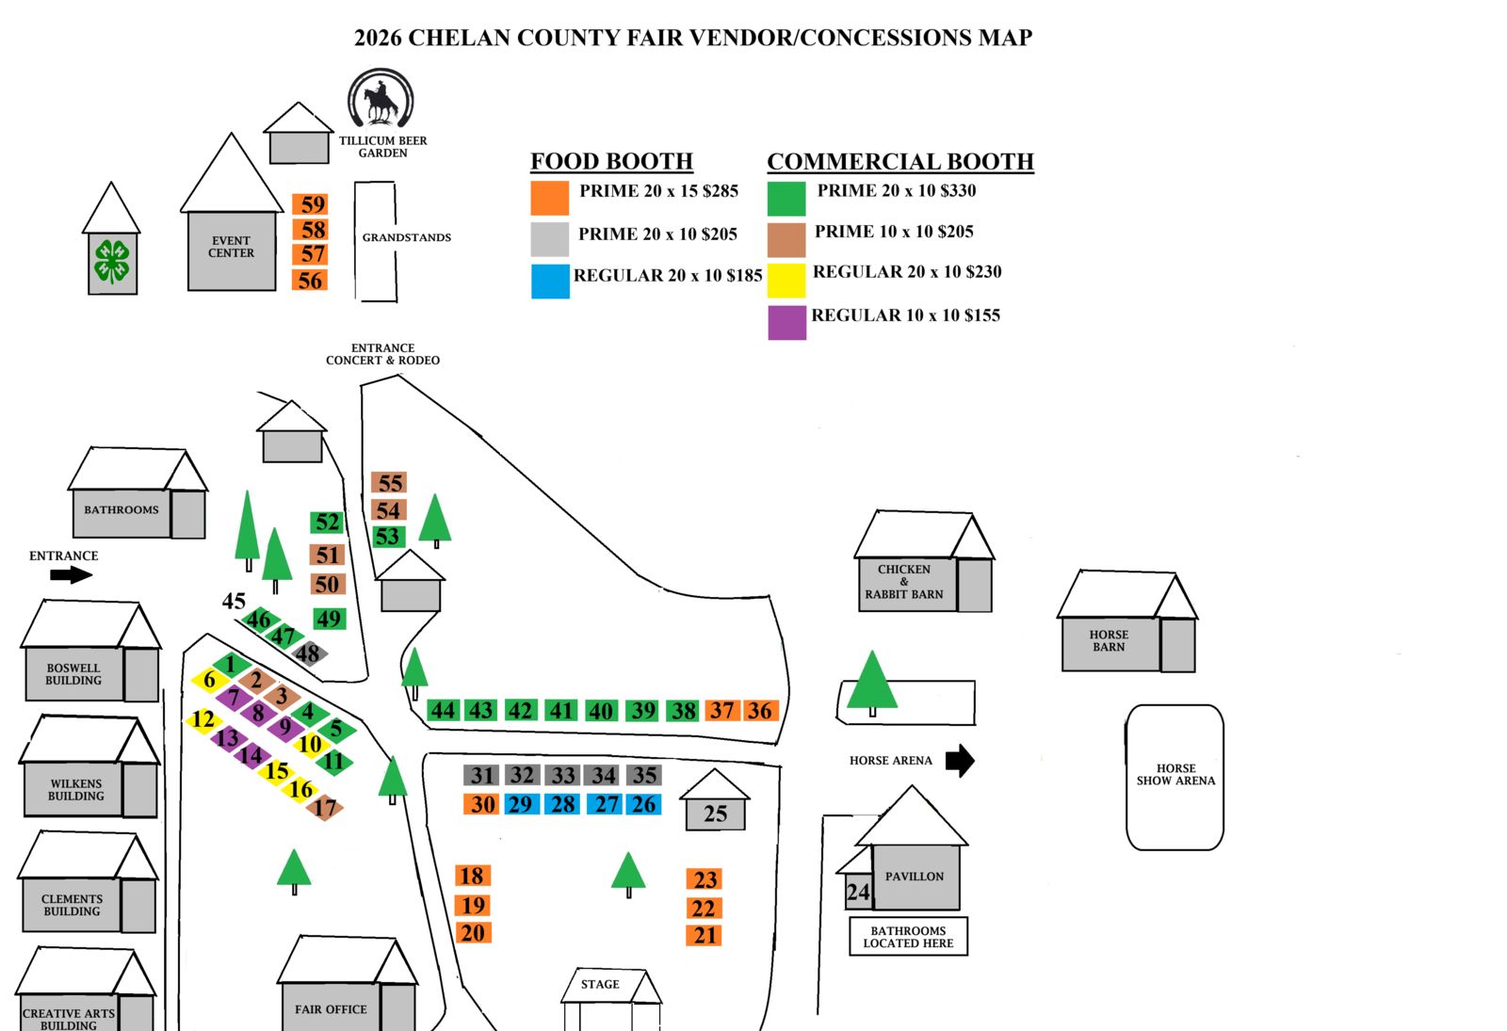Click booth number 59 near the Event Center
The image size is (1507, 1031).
coord(310,204)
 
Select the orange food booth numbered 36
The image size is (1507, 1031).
coord(760,711)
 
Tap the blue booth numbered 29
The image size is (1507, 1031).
coord(520,804)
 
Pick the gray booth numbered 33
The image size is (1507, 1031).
coord(563,775)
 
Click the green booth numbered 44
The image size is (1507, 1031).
coord(443,710)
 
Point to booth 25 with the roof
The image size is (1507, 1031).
coord(715,814)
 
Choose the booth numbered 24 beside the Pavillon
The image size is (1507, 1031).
coord(857,892)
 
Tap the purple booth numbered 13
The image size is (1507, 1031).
coord(227,738)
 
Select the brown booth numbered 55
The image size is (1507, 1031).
coord(389,483)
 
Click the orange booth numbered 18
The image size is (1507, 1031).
coord(472,876)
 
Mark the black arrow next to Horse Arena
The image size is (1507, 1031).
coord(960,760)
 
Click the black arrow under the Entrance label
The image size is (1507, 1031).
coord(71,574)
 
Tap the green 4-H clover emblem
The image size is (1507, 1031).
coord(112,261)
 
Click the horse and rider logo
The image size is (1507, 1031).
coord(381,98)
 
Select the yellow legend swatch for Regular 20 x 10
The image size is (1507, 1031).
coord(786,281)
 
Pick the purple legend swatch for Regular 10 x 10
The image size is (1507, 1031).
coord(786,322)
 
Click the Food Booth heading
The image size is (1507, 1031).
coord(611,161)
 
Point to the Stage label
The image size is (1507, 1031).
coord(600,984)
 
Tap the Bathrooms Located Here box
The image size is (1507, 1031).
coord(908,937)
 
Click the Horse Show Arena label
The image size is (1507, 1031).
coord(1175,774)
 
